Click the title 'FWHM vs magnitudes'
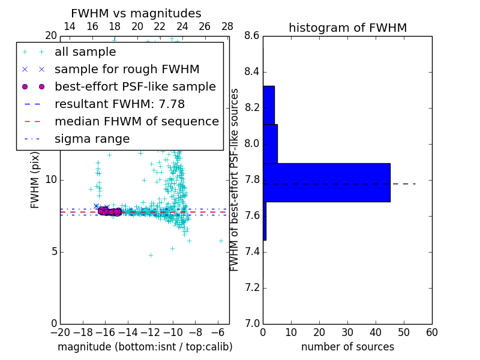click(x=136, y=13)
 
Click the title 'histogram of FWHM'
click(x=347, y=28)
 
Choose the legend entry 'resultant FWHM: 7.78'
click(x=119, y=104)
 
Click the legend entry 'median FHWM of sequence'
click(x=136, y=121)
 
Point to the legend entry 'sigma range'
click(x=92, y=139)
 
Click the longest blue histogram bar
click(x=326, y=182)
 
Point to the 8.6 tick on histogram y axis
click(x=253, y=36)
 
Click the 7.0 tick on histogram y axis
click(x=253, y=323)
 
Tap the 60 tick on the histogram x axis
click(x=431, y=332)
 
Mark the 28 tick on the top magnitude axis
click(x=227, y=26)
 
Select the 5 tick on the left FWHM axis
click(x=53, y=251)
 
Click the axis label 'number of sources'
click(x=347, y=347)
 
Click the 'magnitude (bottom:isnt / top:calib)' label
click(x=145, y=347)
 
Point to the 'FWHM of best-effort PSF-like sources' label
click(x=235, y=179)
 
